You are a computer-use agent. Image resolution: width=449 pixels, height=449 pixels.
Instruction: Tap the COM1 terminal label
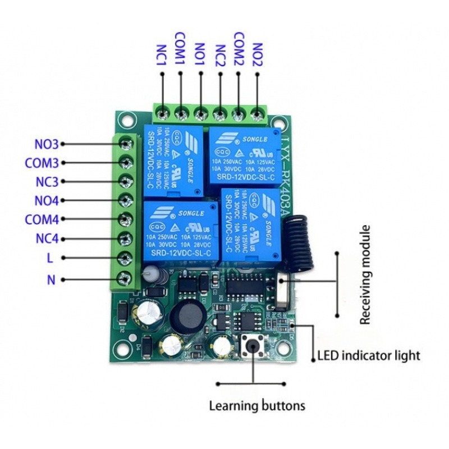click(x=181, y=52)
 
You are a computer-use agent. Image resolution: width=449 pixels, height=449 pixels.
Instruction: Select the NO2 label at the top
click(x=258, y=57)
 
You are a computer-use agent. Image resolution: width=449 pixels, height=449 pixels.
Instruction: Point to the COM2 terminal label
click(x=239, y=52)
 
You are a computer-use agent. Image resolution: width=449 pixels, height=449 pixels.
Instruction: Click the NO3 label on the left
click(x=46, y=144)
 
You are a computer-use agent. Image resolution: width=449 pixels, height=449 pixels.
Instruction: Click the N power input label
click(x=51, y=279)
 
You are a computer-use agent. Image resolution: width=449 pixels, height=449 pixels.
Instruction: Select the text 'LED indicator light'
click(x=369, y=355)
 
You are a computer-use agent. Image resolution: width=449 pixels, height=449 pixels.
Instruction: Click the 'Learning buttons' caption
click(x=257, y=405)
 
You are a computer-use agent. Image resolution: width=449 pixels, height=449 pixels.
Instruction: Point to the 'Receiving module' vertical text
click(x=366, y=275)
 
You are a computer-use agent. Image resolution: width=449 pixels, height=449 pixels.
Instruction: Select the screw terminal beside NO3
click(x=126, y=144)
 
